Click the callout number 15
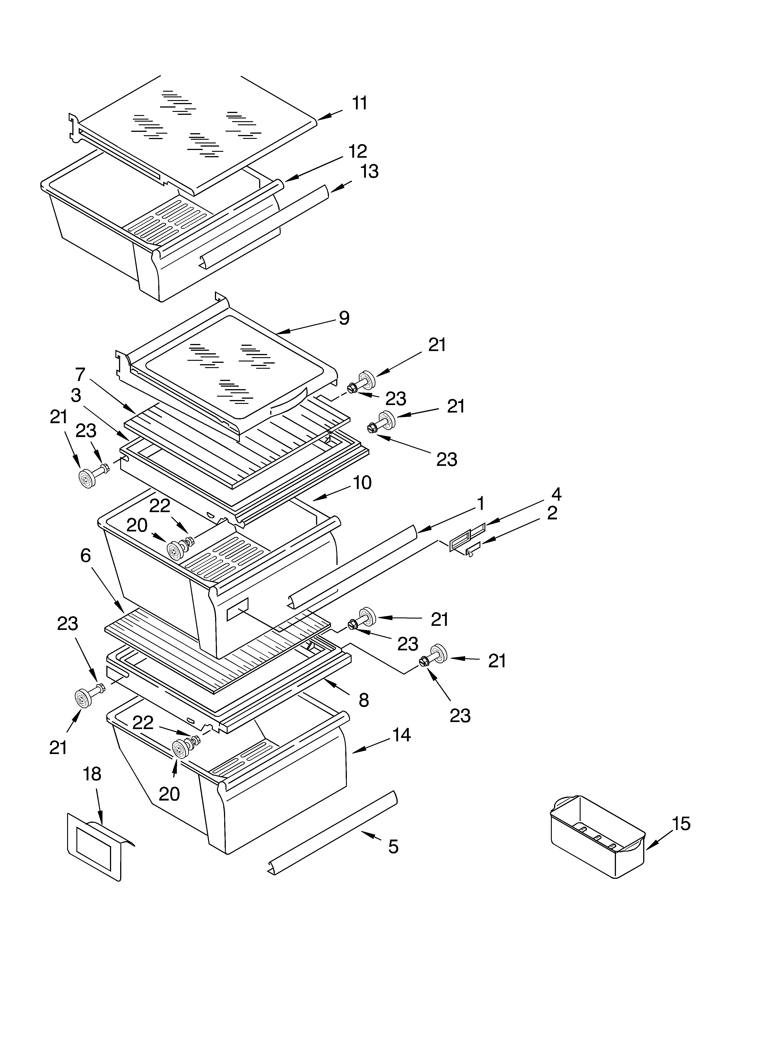click(x=681, y=824)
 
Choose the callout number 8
click(x=364, y=701)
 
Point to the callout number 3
click(x=76, y=396)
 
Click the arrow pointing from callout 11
click(x=330, y=115)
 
